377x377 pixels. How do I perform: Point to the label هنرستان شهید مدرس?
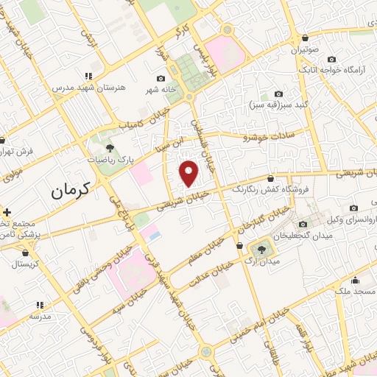click(x=89, y=87)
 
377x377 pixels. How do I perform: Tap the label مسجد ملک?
click(x=354, y=292)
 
